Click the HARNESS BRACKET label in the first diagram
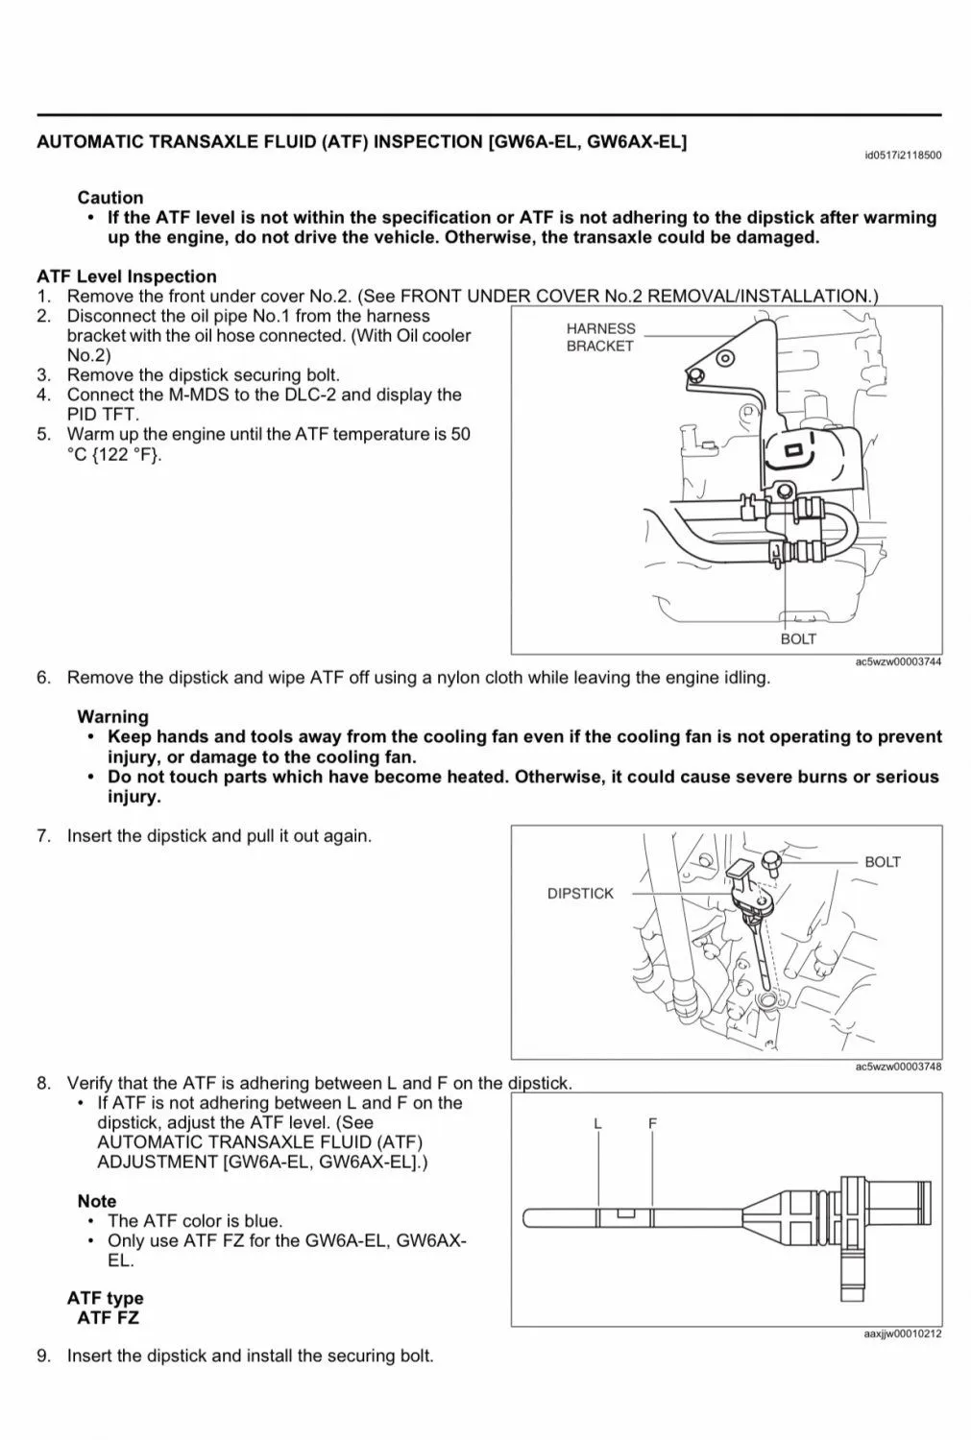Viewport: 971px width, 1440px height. pyautogui.click(x=600, y=337)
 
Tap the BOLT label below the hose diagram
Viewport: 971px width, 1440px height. pyautogui.click(x=797, y=638)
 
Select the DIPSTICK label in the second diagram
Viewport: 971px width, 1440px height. pyautogui.click(x=580, y=893)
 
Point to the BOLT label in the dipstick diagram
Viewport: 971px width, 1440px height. pyautogui.click(x=882, y=861)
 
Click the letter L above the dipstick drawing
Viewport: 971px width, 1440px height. pyautogui.click(x=597, y=1122)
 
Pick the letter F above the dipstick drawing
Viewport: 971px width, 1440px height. pyautogui.click(x=652, y=1122)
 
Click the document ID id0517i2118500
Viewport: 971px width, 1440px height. pyautogui.click(x=902, y=156)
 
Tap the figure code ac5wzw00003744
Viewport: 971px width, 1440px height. pyautogui.click(x=897, y=661)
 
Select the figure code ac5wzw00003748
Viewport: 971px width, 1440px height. pyautogui.click(x=897, y=1067)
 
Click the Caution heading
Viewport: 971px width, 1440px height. pyautogui.click(x=110, y=197)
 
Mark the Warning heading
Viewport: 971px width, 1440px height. pyautogui.click(x=112, y=716)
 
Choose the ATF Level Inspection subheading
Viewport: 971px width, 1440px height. pyautogui.click(x=127, y=276)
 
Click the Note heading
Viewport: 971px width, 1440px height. pyautogui.click(x=97, y=1201)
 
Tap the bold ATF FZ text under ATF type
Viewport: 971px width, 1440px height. pyautogui.click(x=108, y=1318)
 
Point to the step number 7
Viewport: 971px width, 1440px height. pyautogui.click(x=43, y=835)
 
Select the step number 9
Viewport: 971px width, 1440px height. pyautogui.click(x=43, y=1356)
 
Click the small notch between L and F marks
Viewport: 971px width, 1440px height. pyautogui.click(x=625, y=1213)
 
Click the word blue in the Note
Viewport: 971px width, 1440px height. pyautogui.click(x=262, y=1221)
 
